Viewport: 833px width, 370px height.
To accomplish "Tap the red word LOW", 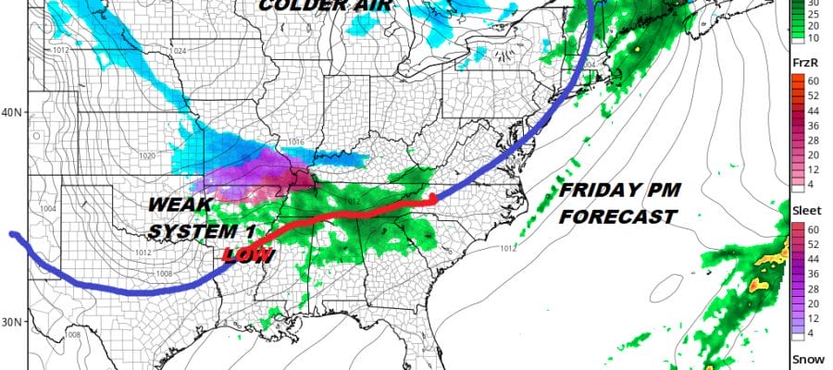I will [x=248, y=253].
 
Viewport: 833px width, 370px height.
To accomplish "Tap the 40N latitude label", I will [x=12, y=113].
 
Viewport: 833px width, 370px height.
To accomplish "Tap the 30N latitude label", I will [x=12, y=321].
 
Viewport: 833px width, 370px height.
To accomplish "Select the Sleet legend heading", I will [x=804, y=211].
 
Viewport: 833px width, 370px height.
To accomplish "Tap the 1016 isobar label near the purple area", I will [x=295, y=142].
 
